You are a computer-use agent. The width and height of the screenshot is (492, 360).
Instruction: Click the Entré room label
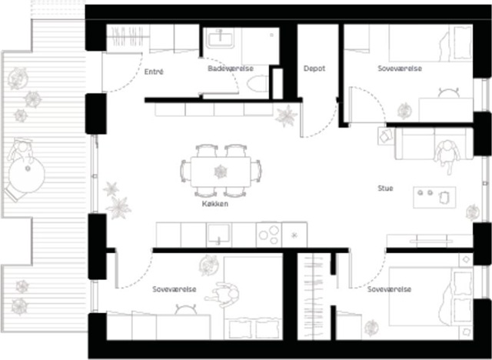click(154, 72)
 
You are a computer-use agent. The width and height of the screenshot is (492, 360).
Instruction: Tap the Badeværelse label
click(231, 68)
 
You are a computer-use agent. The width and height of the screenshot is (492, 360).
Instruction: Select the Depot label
click(314, 68)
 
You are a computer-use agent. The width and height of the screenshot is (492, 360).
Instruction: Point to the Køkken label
click(215, 204)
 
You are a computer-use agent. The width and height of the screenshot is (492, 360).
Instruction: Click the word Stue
click(385, 188)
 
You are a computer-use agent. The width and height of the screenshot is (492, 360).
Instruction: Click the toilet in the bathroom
click(258, 84)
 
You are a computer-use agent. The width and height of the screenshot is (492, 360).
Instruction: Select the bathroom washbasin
click(220, 39)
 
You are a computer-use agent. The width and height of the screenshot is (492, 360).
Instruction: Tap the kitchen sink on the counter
click(218, 235)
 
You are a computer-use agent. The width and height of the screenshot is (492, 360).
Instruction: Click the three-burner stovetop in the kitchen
click(269, 235)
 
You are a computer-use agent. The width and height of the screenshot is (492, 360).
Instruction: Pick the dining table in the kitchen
click(221, 172)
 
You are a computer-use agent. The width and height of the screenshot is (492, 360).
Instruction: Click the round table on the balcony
click(26, 175)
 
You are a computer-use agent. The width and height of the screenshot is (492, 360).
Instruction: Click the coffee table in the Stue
click(434, 197)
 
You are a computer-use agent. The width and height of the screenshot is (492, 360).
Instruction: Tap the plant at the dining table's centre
click(221, 172)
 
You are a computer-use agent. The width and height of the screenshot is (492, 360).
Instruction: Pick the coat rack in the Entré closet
click(128, 37)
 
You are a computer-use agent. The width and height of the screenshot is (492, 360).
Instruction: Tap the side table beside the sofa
click(386, 136)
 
